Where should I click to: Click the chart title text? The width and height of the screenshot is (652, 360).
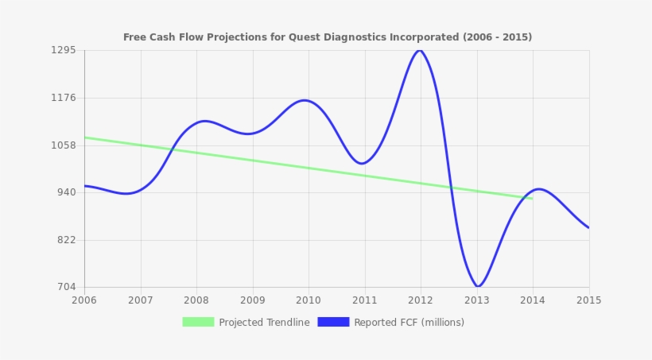[327, 37]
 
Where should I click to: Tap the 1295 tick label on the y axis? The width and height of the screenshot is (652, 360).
[63, 50]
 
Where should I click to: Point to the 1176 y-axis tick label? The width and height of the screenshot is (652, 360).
[63, 98]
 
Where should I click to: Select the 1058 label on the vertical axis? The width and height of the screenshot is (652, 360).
[63, 145]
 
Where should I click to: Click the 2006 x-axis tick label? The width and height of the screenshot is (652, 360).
[84, 300]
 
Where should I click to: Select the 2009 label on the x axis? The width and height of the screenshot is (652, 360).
[253, 300]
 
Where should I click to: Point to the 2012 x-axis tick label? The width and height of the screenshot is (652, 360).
[421, 300]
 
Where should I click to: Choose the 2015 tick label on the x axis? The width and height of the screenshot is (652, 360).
[588, 300]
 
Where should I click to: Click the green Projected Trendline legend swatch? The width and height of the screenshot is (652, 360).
[198, 322]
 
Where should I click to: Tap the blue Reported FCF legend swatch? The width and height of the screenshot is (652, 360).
[333, 322]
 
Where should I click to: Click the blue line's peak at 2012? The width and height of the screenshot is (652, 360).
[419, 50]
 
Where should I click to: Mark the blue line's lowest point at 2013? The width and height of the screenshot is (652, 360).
[477, 286]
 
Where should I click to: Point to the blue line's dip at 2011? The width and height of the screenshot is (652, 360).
[363, 164]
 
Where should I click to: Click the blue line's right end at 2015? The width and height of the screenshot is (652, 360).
[588, 228]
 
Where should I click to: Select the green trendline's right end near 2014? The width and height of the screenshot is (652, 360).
[532, 198]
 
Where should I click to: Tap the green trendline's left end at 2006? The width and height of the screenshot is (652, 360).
[85, 137]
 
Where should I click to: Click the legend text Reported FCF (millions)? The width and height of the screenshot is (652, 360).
[409, 323]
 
